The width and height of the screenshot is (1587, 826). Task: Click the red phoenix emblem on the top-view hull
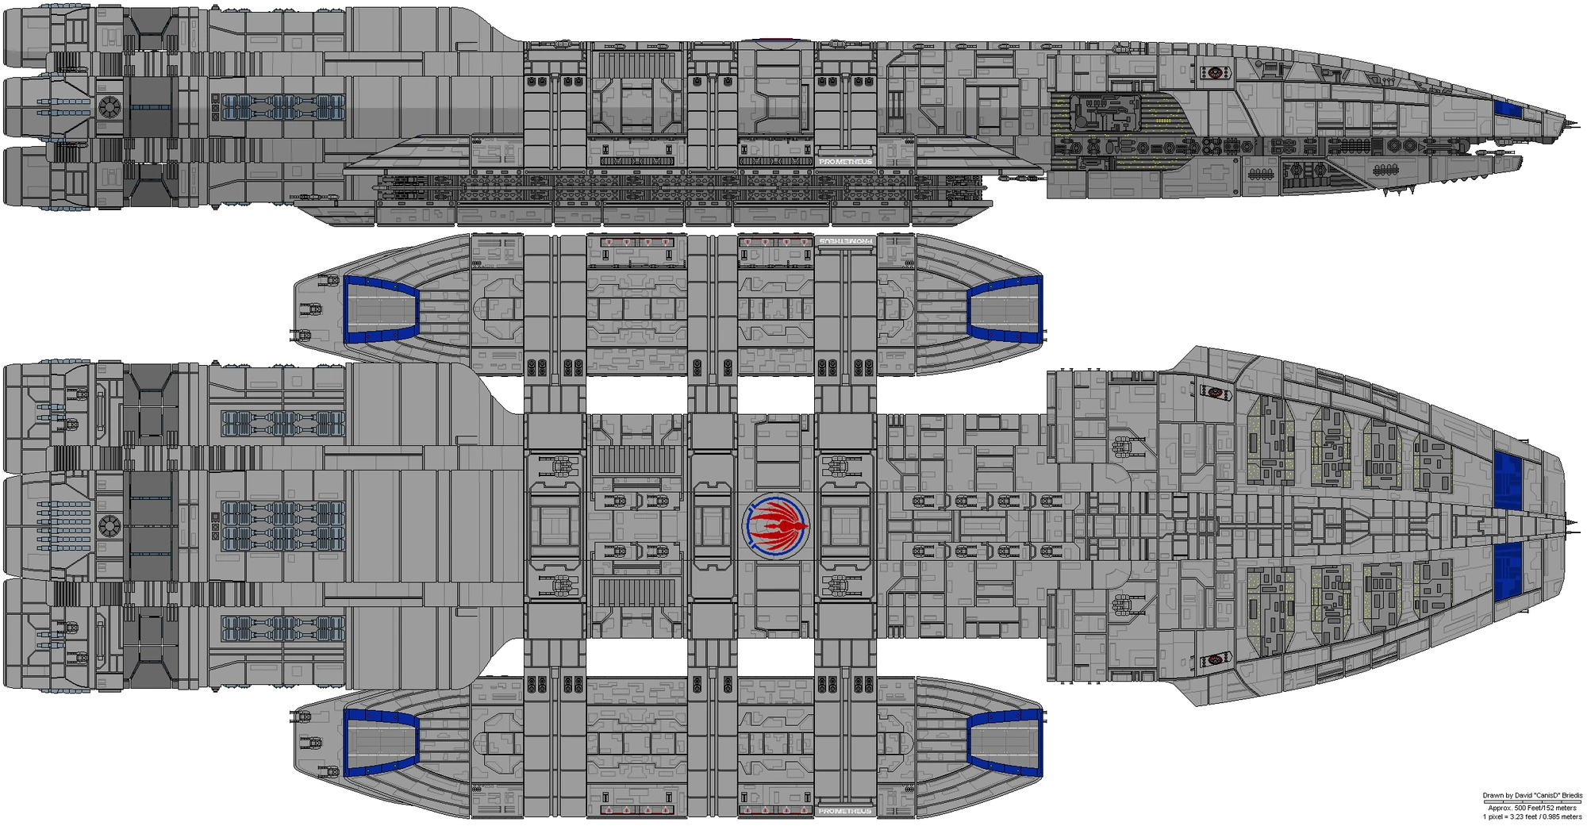coord(777,524)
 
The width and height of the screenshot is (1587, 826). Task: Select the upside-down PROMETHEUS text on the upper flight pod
coord(846,240)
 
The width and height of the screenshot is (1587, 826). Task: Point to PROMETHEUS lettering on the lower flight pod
coord(846,811)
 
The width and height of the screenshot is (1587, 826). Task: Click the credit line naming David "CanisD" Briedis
coord(1532,796)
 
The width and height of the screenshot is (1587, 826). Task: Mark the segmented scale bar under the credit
coord(1532,802)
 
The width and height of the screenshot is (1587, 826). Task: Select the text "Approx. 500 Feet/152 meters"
coord(1532,809)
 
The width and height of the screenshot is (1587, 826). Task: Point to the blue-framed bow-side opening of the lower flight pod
coord(1005,743)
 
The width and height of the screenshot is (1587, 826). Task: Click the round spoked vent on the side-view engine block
coord(108,105)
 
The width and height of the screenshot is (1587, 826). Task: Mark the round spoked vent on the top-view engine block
coord(108,524)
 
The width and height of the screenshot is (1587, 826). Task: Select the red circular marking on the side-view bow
coord(1215,73)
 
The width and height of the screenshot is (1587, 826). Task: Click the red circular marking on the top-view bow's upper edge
coord(1215,391)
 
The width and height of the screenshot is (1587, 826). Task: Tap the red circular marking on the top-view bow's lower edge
coord(1215,659)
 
